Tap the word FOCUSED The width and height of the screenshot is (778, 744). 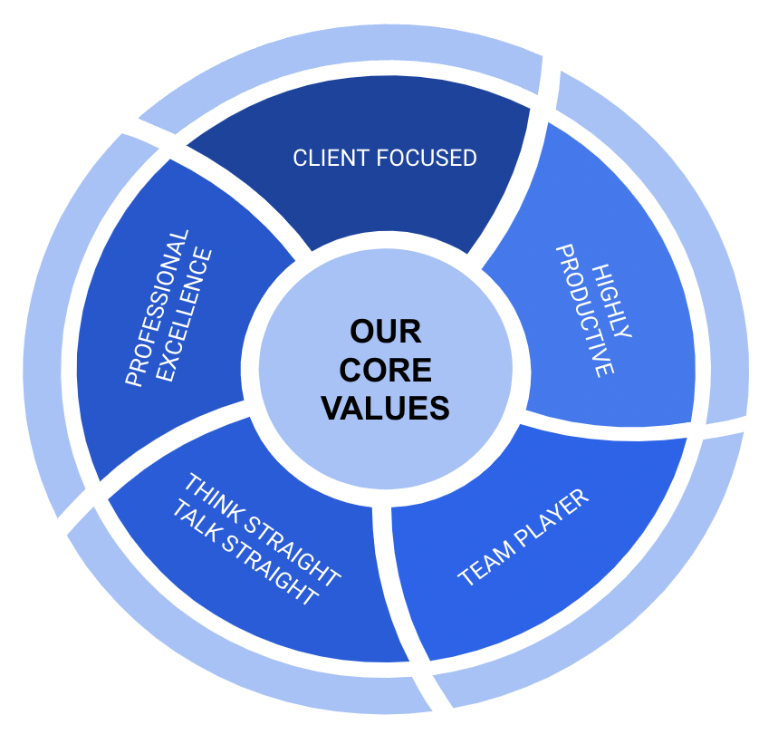pyautogui.click(x=427, y=158)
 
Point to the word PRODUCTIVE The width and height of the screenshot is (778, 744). pyautogui.click(x=584, y=311)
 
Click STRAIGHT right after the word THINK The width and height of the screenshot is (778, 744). pyautogui.click(x=293, y=551)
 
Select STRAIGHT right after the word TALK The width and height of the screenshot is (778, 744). pyautogui.click(x=270, y=570)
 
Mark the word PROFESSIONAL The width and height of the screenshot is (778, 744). pyautogui.click(x=157, y=308)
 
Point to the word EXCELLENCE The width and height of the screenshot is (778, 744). pyautogui.click(x=185, y=314)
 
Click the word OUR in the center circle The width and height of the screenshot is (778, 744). pyautogui.click(x=386, y=331)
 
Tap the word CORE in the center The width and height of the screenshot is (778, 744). pyautogui.click(x=386, y=370)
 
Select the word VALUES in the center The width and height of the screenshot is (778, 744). pyautogui.click(x=386, y=408)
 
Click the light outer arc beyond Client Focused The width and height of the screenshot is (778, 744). pyautogui.click(x=342, y=50)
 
